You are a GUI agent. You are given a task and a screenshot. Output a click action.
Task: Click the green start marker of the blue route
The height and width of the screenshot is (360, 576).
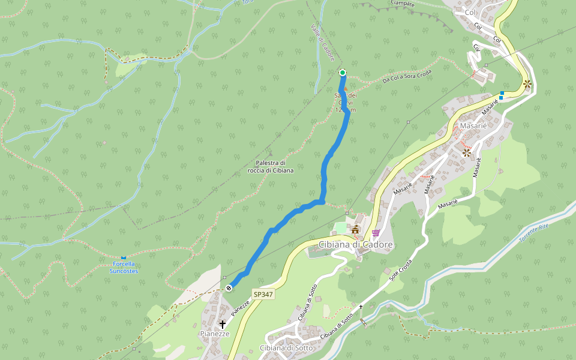pyautogui.click(x=343, y=73)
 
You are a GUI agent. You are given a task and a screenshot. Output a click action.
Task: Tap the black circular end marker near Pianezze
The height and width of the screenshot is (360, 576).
pyautogui.click(x=229, y=288)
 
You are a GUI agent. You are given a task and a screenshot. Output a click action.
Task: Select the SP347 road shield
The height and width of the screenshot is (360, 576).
pyautogui.click(x=263, y=295)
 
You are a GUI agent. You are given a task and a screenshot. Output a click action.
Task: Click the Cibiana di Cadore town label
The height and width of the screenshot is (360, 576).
pyautogui.click(x=355, y=245)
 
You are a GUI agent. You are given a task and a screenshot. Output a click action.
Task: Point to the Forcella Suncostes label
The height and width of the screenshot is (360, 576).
pyautogui.click(x=124, y=268)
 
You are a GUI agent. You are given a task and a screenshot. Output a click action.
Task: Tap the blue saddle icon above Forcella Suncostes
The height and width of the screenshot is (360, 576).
pyautogui.click(x=124, y=258)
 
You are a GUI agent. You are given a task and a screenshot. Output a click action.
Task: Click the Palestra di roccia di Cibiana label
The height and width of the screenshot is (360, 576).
pyautogui.click(x=271, y=167)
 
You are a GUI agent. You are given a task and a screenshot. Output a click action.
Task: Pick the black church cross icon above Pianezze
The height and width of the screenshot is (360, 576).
pyautogui.click(x=222, y=324)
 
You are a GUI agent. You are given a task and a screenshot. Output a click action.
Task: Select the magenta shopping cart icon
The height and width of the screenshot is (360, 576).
pyautogui.click(x=376, y=233)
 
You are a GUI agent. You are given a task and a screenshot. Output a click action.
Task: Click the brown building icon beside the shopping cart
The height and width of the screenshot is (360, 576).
pyautogui.click(x=355, y=230)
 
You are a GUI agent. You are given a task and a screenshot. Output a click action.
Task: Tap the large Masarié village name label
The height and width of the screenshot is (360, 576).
pyautogui.click(x=473, y=126)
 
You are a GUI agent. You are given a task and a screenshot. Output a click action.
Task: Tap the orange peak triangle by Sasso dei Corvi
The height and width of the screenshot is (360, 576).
pyautogui.click(x=345, y=89)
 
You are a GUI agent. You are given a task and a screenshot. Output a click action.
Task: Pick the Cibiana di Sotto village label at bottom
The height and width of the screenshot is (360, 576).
pyautogui.click(x=286, y=348)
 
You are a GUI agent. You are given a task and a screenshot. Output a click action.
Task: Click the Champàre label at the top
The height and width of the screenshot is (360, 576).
pyautogui.click(x=402, y=3)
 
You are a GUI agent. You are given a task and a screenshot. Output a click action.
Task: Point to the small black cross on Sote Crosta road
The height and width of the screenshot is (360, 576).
pyautogui.click(x=361, y=307)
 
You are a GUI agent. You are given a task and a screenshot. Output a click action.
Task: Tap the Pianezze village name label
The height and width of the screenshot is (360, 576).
pyautogui.click(x=215, y=334)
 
